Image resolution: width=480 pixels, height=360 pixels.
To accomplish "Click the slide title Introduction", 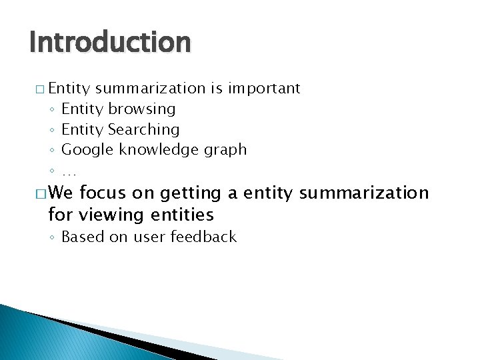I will (x=110, y=43).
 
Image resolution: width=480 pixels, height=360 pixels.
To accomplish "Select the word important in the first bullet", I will (x=265, y=88).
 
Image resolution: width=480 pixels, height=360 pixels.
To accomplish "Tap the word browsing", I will (x=142, y=109).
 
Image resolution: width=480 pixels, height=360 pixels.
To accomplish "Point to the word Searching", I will (x=144, y=129).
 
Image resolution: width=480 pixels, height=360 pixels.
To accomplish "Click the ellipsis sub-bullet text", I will (x=69, y=170).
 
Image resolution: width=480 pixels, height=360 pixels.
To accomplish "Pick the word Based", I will (x=83, y=237).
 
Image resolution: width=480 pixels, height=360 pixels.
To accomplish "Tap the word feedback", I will (x=203, y=237).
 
